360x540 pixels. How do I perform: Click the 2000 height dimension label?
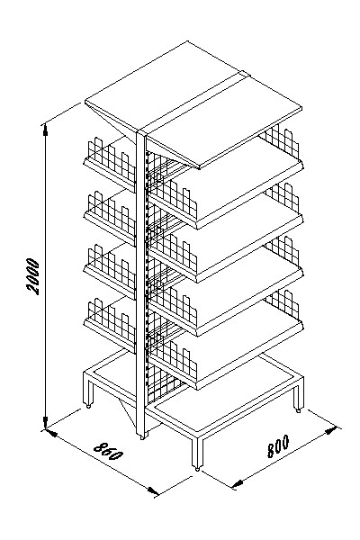tap(34, 276)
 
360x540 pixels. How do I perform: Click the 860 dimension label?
tap(109, 452)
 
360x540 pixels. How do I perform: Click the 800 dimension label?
tap(278, 446)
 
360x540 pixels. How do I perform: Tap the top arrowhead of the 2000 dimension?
tap(45, 130)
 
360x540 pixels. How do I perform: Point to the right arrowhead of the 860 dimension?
tap(153, 490)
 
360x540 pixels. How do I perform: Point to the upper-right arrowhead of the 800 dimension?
tap(330, 430)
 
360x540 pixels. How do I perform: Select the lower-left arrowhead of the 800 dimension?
tap(238, 483)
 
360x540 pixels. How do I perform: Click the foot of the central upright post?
tap(141, 436)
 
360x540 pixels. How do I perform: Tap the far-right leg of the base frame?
tap(298, 395)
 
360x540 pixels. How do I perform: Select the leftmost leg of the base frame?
tap(88, 391)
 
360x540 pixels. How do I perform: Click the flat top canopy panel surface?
tap(193, 103)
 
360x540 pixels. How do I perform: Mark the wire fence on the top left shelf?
tap(112, 160)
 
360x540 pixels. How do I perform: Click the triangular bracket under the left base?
tap(127, 412)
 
